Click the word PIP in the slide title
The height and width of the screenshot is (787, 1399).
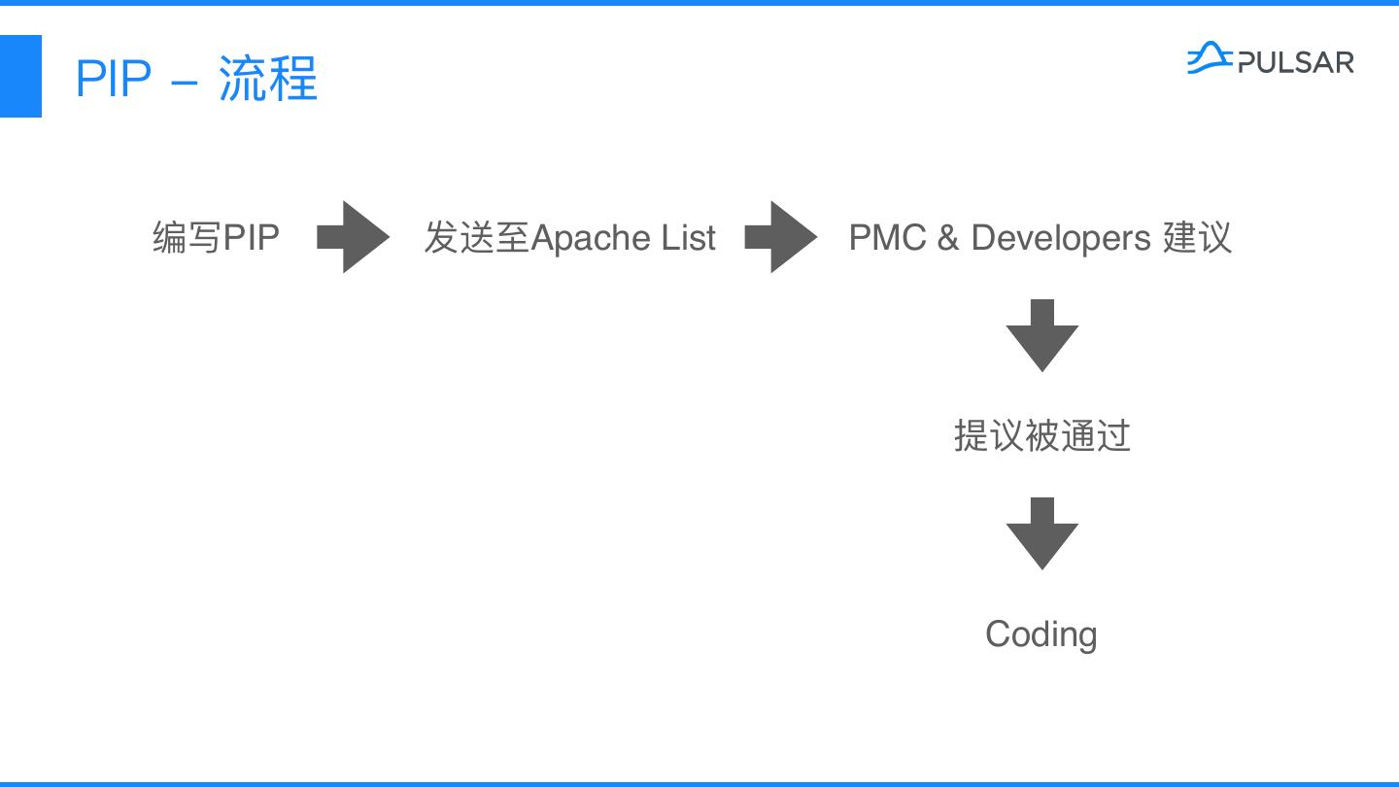[x=114, y=79]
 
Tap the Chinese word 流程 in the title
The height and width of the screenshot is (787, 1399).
[x=268, y=79]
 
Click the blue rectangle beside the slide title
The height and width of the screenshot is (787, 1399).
[x=20, y=76]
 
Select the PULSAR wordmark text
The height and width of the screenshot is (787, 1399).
[x=1295, y=63]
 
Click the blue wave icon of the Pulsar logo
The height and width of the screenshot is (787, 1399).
[x=1210, y=58]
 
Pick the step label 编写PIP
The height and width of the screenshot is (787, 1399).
[x=216, y=237]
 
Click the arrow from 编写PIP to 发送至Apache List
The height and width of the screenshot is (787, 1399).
[x=352, y=237]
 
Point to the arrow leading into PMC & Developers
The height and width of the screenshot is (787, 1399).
[x=780, y=237]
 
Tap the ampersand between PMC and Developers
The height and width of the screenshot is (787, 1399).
[x=947, y=238]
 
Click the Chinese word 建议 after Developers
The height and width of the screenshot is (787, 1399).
[x=1197, y=237]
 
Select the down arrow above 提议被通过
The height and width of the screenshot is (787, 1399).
[x=1041, y=335]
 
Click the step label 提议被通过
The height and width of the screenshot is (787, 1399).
[x=1041, y=435]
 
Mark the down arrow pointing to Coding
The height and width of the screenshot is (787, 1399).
[x=1041, y=533]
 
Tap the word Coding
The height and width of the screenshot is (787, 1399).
[x=1041, y=634]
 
